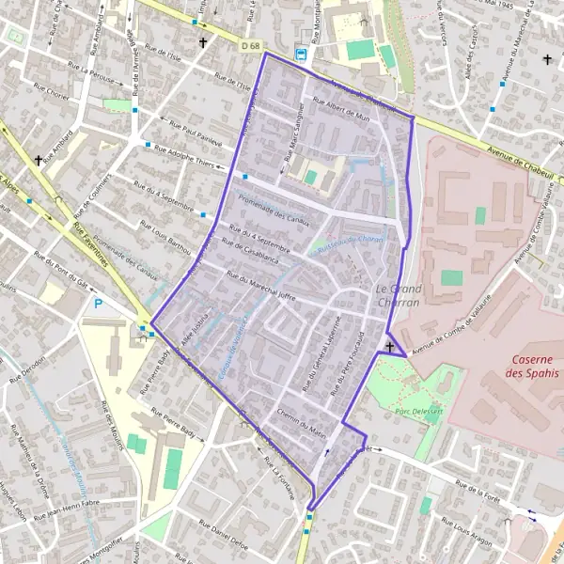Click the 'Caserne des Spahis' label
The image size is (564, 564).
tap(530, 367)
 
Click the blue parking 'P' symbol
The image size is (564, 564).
tap(99, 304)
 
